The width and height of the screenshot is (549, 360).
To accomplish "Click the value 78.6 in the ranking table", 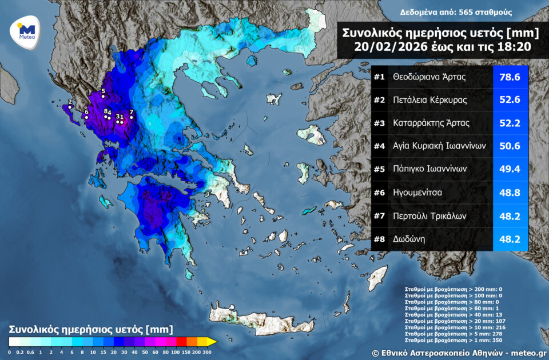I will (510, 77).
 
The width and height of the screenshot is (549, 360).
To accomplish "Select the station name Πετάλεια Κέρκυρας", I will (430, 100).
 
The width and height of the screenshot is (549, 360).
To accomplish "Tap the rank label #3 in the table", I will (380, 123).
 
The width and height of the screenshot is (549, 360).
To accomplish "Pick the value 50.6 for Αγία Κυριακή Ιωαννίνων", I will (510, 146).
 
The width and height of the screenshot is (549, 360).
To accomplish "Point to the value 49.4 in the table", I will (510, 169).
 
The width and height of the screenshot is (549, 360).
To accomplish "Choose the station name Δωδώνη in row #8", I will (408, 239).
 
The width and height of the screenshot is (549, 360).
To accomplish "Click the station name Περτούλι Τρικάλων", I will (430, 216).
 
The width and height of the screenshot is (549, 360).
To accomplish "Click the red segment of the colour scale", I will (180, 342).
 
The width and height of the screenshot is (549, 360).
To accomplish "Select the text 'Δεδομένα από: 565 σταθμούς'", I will (448, 12).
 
